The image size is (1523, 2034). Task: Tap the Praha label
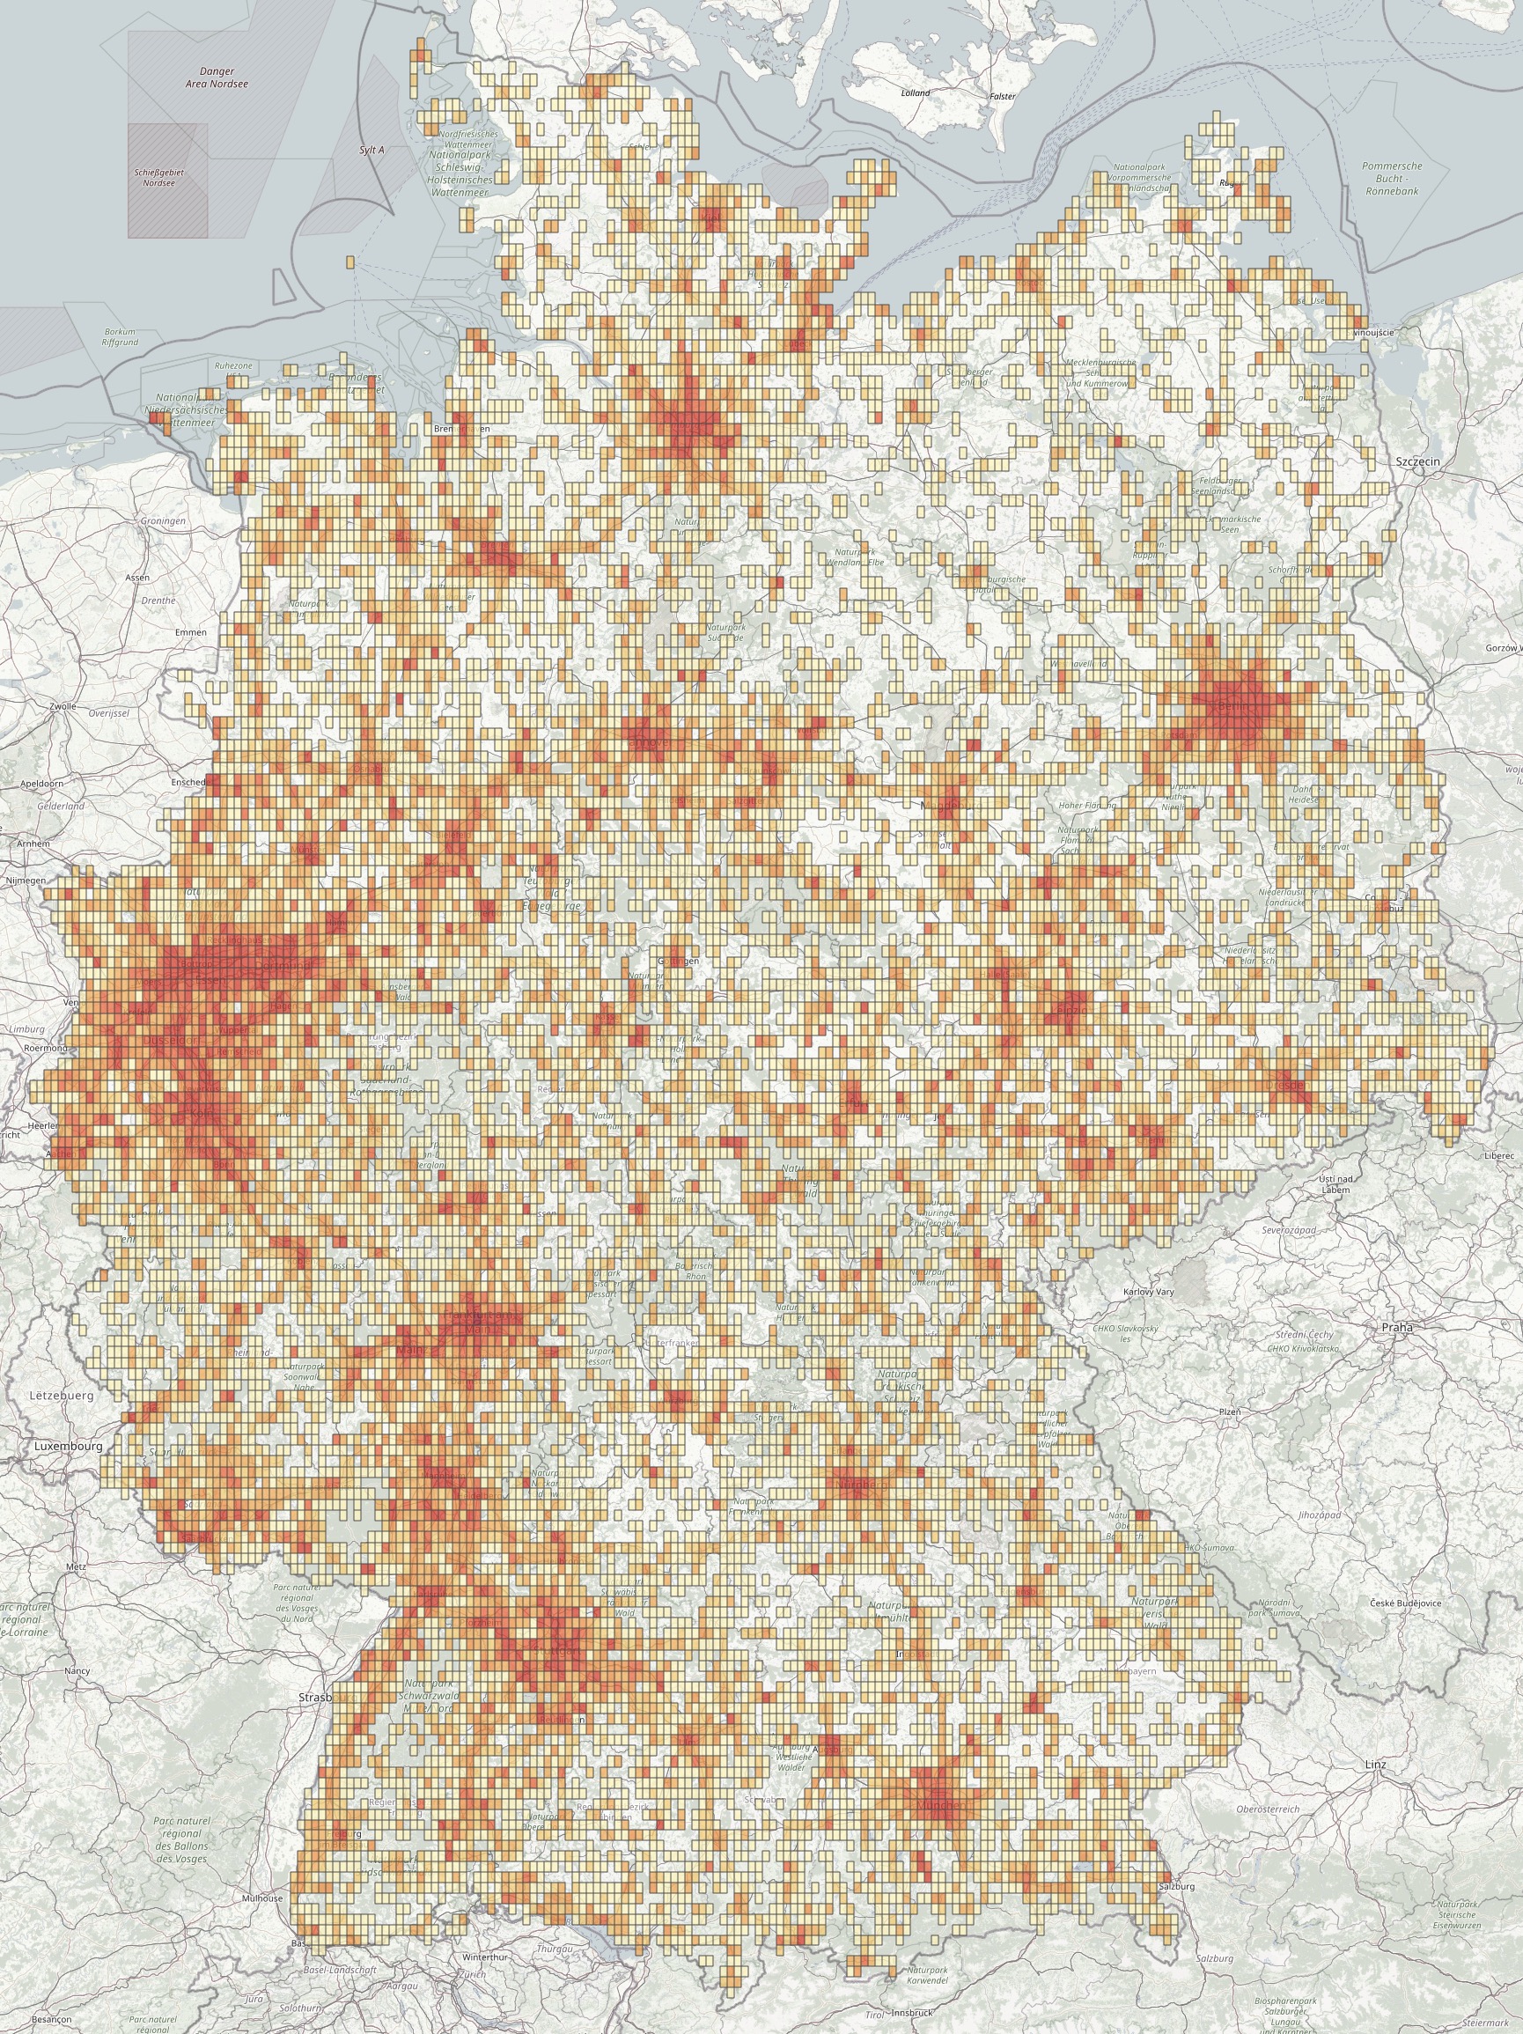point(1396,1327)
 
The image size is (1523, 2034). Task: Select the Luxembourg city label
point(68,1446)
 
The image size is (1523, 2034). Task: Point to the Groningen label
point(163,520)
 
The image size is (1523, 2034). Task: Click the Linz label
point(1375,1765)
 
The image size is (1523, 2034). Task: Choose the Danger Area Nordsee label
point(217,77)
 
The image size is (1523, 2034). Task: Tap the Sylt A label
point(372,150)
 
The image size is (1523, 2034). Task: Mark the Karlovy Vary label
point(1148,1292)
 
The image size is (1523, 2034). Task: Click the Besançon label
point(51,2019)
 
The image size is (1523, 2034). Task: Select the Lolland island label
point(916,92)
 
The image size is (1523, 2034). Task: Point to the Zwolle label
point(63,706)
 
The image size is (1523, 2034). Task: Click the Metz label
point(76,1566)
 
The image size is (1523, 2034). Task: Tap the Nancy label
point(77,1671)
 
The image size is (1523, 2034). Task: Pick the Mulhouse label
point(263,1898)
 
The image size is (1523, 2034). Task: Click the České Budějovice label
point(1405,1603)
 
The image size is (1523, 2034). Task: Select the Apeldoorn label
point(42,784)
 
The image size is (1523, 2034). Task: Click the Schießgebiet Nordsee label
point(158,178)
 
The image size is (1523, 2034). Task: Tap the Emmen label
point(190,632)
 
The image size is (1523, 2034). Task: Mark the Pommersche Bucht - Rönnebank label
point(1393,179)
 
